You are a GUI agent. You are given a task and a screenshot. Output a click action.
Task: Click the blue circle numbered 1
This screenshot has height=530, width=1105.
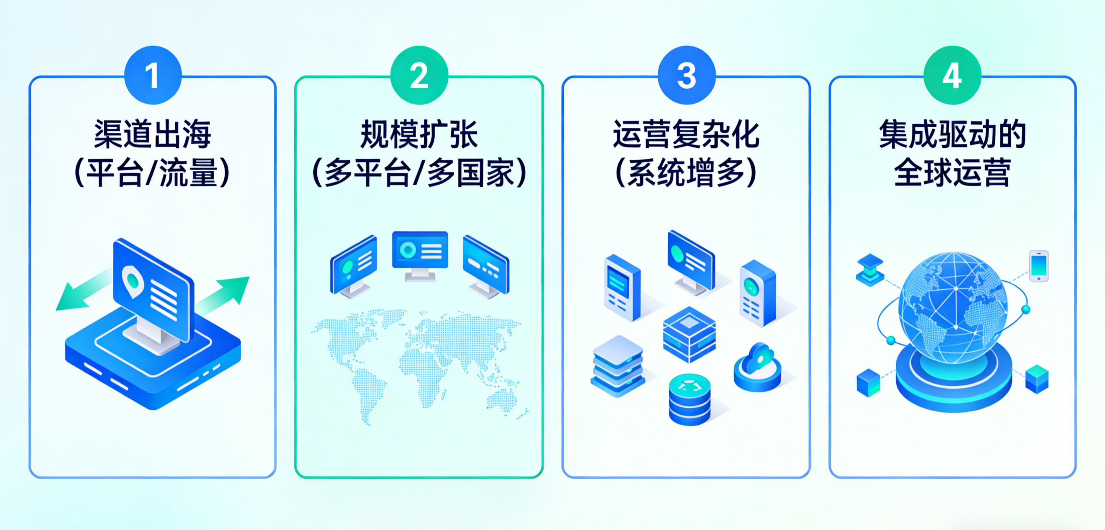tap(153, 76)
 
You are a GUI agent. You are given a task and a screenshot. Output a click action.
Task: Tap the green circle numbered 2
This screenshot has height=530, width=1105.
tap(419, 76)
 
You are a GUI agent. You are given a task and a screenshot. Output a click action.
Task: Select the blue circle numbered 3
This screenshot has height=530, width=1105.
tap(686, 76)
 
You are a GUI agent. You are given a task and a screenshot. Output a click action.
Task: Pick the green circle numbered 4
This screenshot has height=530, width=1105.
tap(952, 76)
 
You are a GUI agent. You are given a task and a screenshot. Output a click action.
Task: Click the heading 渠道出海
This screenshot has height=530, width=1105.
tap(153, 134)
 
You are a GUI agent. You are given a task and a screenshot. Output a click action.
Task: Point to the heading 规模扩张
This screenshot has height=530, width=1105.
tap(419, 134)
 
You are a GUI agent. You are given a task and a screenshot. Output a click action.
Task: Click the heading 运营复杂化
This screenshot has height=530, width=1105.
tap(686, 134)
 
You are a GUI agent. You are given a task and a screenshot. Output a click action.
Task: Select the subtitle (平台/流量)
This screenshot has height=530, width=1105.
tap(153, 173)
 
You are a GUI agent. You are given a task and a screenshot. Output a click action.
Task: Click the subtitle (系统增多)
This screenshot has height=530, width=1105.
tap(686, 173)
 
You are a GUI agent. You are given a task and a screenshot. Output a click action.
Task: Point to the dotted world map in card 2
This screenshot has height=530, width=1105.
tap(418, 365)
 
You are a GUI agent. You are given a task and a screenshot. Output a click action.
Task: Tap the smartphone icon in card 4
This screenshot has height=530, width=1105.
tap(1039, 266)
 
